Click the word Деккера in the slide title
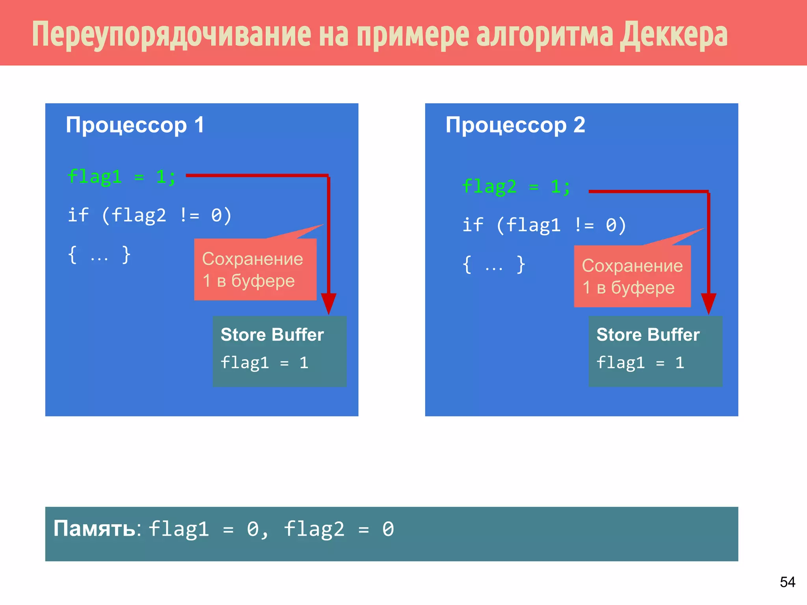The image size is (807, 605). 673,35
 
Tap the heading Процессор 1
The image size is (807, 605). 135,125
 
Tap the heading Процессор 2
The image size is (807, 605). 515,125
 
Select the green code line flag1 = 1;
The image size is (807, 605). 121,176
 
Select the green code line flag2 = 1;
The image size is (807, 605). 516,187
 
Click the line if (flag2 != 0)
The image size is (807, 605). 150,215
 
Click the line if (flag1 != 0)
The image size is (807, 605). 544,225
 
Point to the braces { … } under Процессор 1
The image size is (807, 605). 99,255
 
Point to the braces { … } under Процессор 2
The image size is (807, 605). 493,265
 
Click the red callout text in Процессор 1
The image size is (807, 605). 253,270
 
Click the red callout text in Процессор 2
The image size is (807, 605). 632,277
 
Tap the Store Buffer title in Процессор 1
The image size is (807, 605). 272,335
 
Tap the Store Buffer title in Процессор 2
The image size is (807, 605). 648,335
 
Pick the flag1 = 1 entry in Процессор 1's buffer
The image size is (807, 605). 264,363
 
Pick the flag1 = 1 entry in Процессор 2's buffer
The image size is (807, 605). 640,363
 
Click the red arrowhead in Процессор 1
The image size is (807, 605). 328,303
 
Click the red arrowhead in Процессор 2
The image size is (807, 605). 708,303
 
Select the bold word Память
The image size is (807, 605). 95,529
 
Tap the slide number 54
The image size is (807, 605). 787,582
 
